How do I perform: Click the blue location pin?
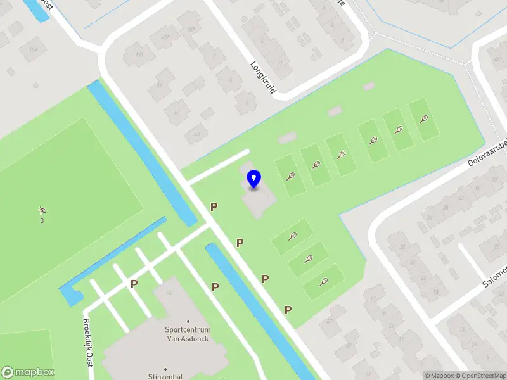(254, 179)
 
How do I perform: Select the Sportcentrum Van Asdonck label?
(187, 334)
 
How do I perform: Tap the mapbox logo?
(28, 372)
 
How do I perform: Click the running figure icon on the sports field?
(42, 210)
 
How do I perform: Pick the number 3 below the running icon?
(42, 220)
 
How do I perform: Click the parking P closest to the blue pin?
(214, 206)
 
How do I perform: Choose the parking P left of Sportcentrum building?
(134, 284)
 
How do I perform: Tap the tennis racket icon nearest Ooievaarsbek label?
(423, 118)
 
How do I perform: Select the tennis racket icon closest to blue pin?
(290, 176)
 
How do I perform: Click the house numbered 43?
(197, 134)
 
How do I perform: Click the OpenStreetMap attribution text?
(482, 376)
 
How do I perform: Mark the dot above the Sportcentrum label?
(187, 322)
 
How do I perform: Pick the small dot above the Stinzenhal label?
(165, 368)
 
